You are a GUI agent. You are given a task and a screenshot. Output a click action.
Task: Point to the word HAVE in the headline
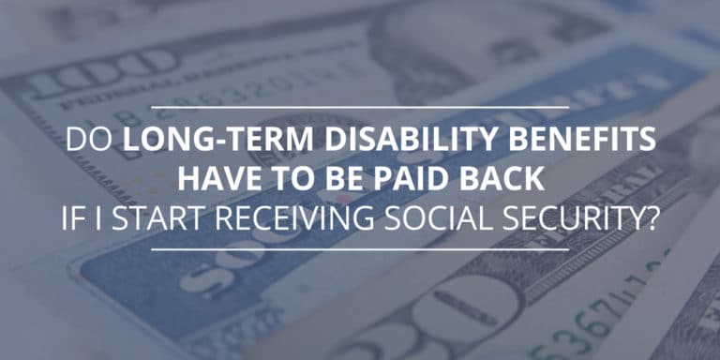click(x=217, y=178)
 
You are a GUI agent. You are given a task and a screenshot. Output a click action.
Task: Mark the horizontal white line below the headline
click(x=359, y=249)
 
